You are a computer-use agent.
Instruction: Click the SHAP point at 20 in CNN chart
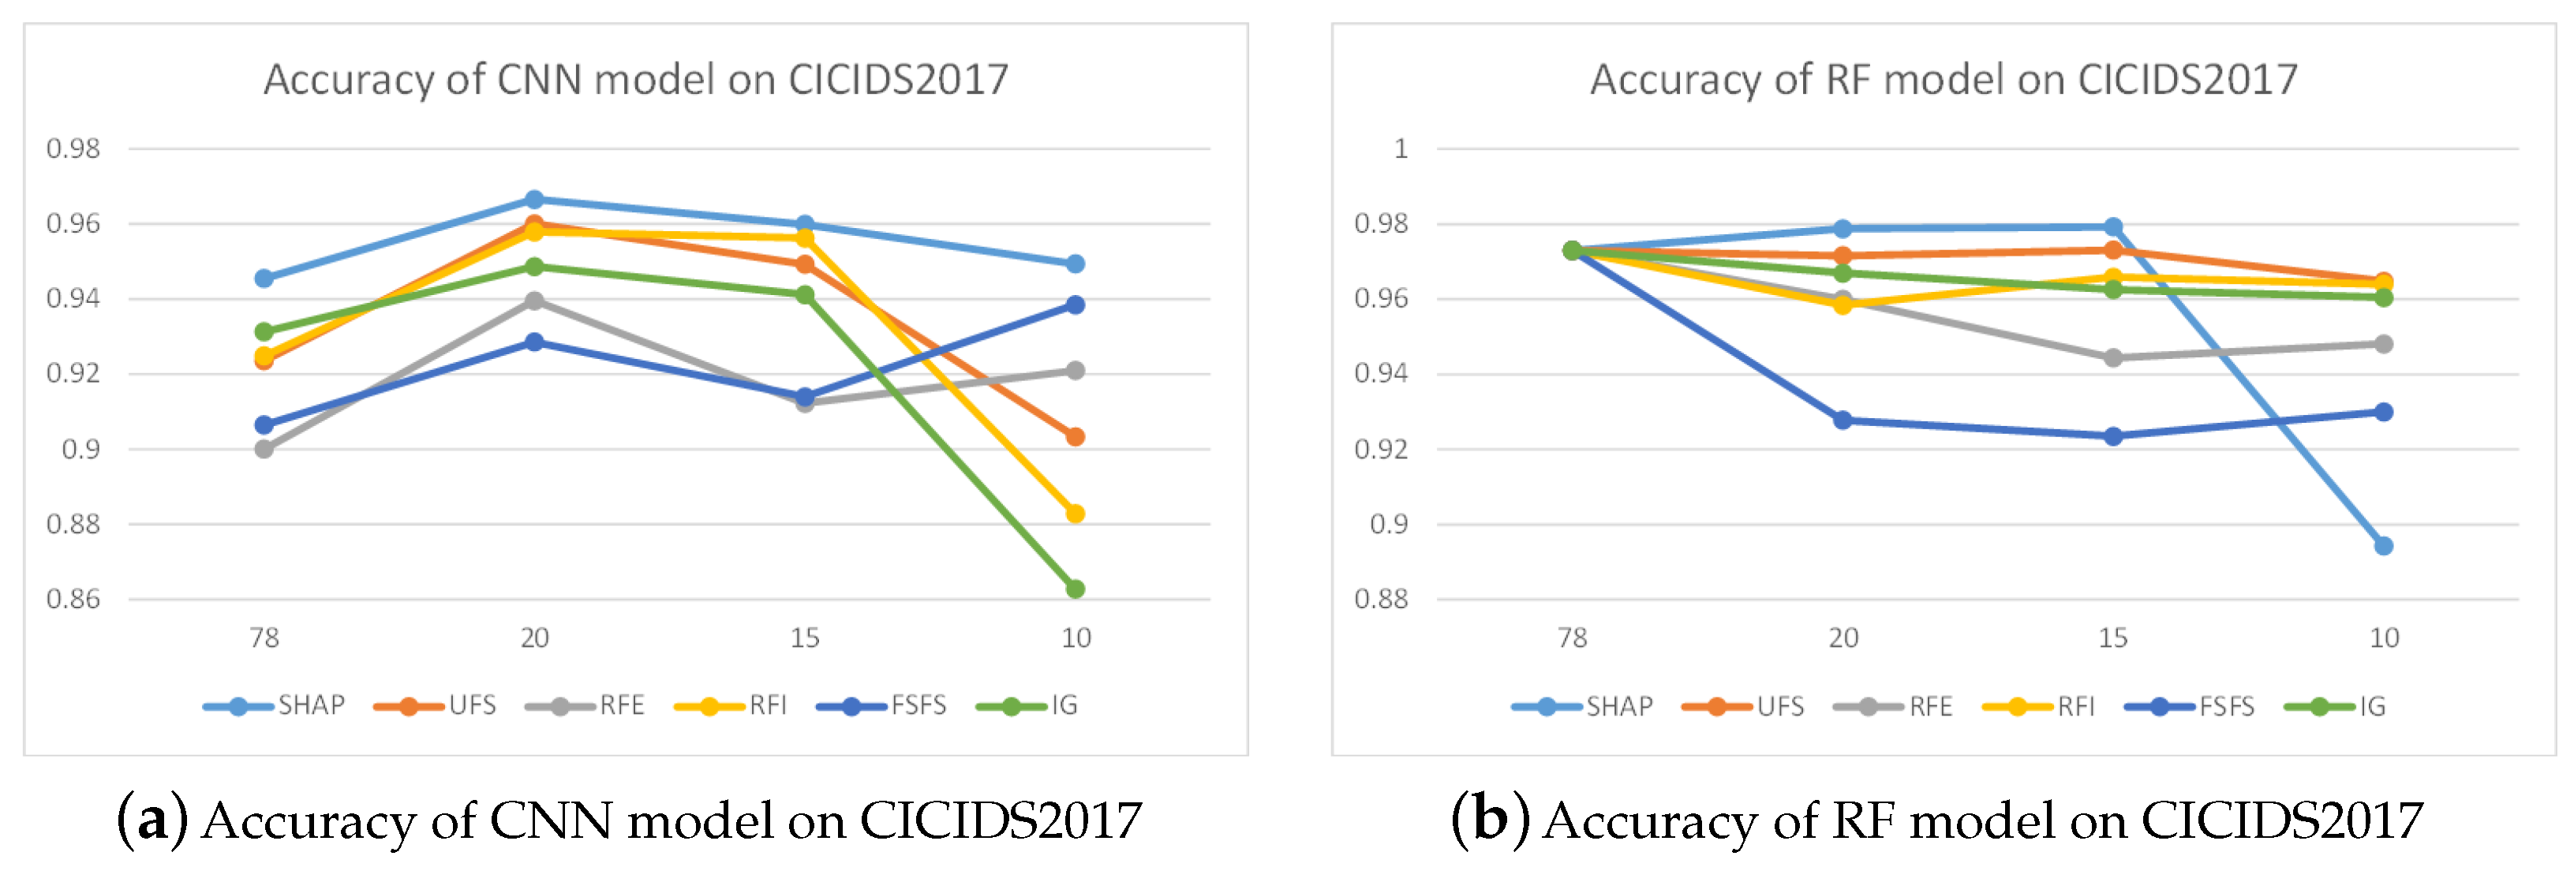pos(534,200)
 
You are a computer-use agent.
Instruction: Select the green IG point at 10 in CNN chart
pos(1076,589)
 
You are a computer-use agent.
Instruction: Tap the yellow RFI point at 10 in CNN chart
pos(1076,514)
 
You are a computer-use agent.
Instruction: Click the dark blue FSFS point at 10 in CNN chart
pos(1076,305)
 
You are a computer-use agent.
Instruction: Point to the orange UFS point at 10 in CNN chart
pos(1076,436)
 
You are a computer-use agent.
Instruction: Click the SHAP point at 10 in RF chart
pos(2383,545)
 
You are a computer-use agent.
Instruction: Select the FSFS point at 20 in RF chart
pos(1843,420)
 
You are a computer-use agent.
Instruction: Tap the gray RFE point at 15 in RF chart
pos(2113,357)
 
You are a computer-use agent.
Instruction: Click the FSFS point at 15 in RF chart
pos(2113,436)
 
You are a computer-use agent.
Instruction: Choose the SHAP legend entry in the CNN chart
pos(275,706)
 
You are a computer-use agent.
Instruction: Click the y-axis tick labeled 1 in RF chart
pos(1401,149)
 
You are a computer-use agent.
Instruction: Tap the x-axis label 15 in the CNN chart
pos(804,638)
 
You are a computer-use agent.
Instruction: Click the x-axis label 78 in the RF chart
pos(1572,638)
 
